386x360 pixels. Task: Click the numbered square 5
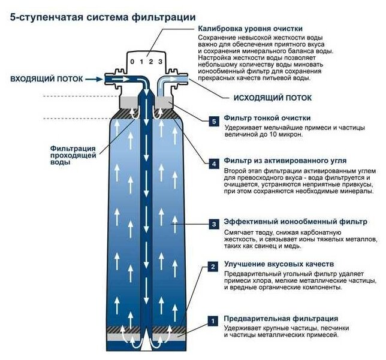click(x=214, y=120)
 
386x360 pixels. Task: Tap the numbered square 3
click(x=214, y=224)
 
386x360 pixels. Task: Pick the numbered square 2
click(x=214, y=266)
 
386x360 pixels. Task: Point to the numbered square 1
click(x=214, y=321)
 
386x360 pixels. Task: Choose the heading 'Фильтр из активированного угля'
click(x=285, y=161)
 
